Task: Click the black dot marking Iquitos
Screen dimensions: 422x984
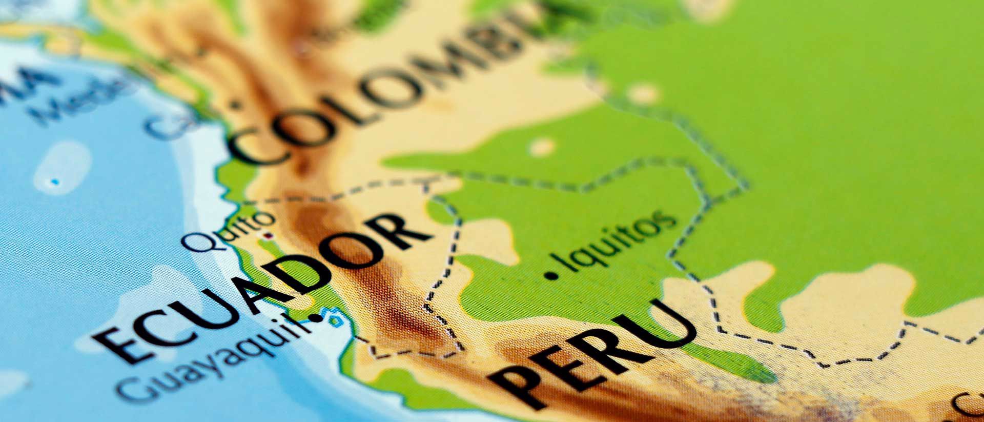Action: click(x=551, y=275)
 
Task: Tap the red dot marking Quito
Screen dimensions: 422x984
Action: click(x=267, y=236)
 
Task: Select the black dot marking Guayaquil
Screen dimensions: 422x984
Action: click(x=319, y=318)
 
